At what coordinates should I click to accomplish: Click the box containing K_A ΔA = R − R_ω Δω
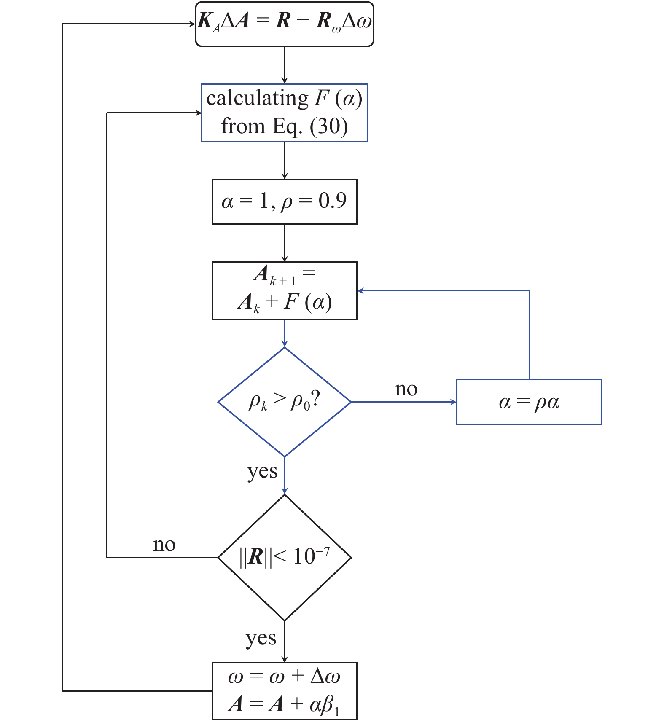tap(285, 24)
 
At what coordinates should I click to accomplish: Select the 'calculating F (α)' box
tap(285, 113)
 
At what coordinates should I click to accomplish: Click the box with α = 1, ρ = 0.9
tap(285, 202)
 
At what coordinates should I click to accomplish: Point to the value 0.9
tap(332, 201)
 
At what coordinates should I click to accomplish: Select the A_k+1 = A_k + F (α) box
tap(285, 291)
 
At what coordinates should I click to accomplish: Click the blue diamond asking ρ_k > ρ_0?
tap(285, 402)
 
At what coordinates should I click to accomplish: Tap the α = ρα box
tap(529, 402)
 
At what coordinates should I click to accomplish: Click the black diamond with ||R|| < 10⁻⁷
tap(285, 557)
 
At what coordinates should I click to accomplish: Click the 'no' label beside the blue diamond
tap(406, 389)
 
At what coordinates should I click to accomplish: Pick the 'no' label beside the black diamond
tap(164, 545)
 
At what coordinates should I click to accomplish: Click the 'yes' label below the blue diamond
tap(262, 471)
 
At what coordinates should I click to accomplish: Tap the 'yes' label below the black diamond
tap(261, 638)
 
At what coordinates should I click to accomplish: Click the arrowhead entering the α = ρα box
tap(453, 402)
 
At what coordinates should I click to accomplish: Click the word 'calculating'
tap(257, 99)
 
